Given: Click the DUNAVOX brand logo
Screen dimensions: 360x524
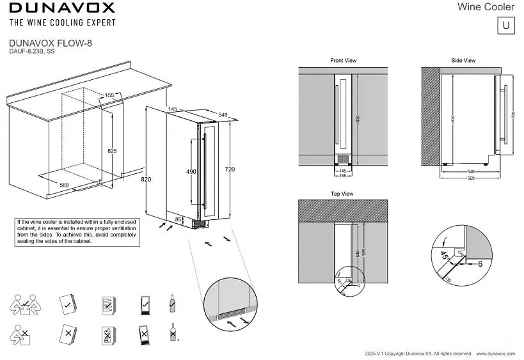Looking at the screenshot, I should coord(62,8).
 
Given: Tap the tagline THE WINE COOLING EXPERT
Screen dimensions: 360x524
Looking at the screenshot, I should coord(62,23).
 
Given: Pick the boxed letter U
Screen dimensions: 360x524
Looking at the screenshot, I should coord(505,26).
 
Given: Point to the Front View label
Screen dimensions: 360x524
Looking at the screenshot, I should coord(343,61).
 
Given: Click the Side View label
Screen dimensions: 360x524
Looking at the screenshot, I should coord(463,61).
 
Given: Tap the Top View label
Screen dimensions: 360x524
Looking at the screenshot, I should coord(342,194).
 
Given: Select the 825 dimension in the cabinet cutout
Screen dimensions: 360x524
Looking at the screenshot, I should coord(112,151).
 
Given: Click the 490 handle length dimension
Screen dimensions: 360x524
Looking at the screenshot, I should coord(191,172).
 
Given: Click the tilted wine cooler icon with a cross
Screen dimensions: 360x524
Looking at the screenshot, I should coord(146,334).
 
